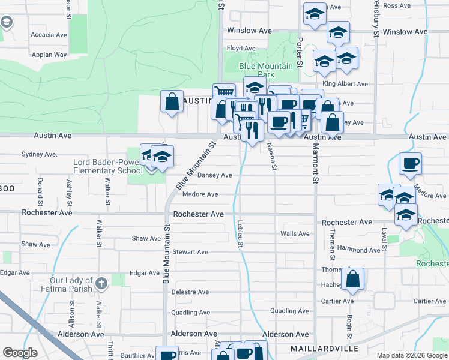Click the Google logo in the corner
20,353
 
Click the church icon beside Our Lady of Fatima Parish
102,282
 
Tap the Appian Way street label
49,54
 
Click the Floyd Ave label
241,48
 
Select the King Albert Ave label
345,84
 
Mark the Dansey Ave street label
215,175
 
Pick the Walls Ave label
295,233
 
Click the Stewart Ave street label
190,252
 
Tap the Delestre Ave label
190,292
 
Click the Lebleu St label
240,233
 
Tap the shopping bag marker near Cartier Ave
354,278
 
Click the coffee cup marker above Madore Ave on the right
410,163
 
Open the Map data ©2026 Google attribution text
412,355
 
